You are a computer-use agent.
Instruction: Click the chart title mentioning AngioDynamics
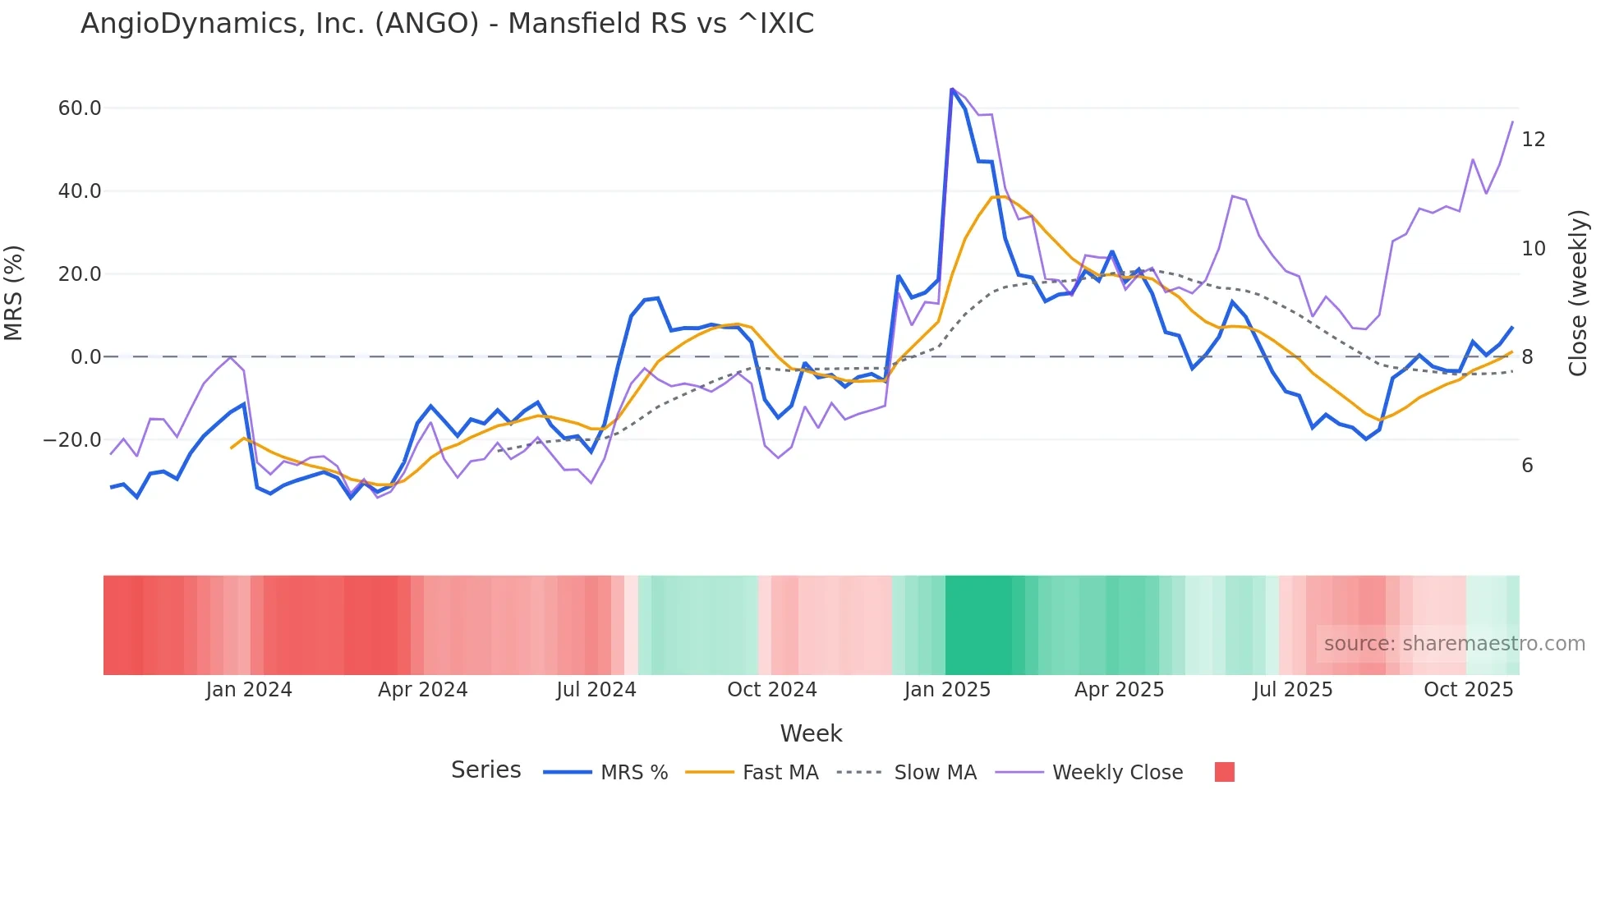447,24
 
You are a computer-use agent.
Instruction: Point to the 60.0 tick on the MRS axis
80,108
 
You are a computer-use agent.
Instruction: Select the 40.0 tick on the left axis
80,191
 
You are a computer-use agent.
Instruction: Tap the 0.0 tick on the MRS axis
86,357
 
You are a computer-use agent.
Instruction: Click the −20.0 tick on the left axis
73,440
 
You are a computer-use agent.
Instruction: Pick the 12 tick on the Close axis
1533,140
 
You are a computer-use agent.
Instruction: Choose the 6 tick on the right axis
1527,466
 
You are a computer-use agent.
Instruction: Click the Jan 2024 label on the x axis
249,690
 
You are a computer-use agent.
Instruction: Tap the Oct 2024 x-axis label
771,690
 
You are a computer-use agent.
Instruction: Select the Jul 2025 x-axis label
1292,690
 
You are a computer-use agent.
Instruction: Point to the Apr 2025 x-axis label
1119,690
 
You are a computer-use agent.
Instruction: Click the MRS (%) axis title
14,292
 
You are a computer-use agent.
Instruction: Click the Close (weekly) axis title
1578,293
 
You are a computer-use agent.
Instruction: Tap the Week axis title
811,733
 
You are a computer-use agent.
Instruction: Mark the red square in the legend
1224,772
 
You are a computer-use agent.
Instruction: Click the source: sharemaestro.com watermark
1454,644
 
